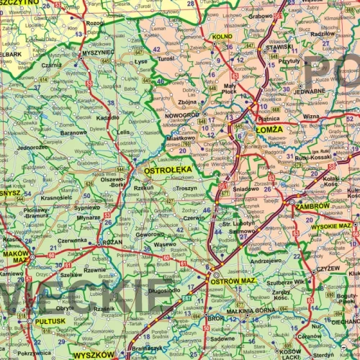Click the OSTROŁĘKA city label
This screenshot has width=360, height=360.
click(168, 171)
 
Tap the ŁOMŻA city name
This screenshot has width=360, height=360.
click(269, 130)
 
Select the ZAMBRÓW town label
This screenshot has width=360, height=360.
click(312, 205)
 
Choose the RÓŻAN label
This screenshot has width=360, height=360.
click(112, 242)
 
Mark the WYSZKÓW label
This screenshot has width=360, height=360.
click(93, 354)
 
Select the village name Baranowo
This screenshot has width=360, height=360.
click(73, 132)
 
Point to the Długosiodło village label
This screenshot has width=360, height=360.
click(164, 291)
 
